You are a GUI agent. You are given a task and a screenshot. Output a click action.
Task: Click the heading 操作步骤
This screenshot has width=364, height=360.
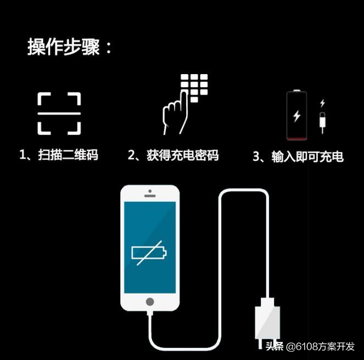pyautogui.click(x=70, y=47)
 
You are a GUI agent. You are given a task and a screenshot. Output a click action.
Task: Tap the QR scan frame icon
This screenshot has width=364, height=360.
pyautogui.click(x=59, y=113)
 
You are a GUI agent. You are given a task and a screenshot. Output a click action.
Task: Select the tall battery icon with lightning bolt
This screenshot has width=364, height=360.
pyautogui.click(x=297, y=116)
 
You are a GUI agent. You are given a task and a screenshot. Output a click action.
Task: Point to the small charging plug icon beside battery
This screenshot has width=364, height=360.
pyautogui.click(x=322, y=121)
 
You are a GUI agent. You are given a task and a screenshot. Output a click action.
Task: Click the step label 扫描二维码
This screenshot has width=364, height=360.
pyautogui.click(x=68, y=155)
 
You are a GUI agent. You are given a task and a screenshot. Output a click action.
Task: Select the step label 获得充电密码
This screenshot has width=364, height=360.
pyautogui.click(x=182, y=156)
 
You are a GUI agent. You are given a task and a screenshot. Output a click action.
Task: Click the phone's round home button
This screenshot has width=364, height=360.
pyautogui.click(x=150, y=302)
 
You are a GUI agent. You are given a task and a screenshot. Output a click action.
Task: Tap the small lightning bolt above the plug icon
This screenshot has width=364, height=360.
pyautogui.click(x=322, y=103)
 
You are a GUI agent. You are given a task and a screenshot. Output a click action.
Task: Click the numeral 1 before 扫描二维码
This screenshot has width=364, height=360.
pyautogui.click(x=23, y=155)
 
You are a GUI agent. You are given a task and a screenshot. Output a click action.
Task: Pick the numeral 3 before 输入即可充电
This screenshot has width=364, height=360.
pyautogui.click(x=256, y=157)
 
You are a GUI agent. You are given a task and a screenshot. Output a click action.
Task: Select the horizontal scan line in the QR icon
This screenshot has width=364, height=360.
pyautogui.click(x=59, y=113)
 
